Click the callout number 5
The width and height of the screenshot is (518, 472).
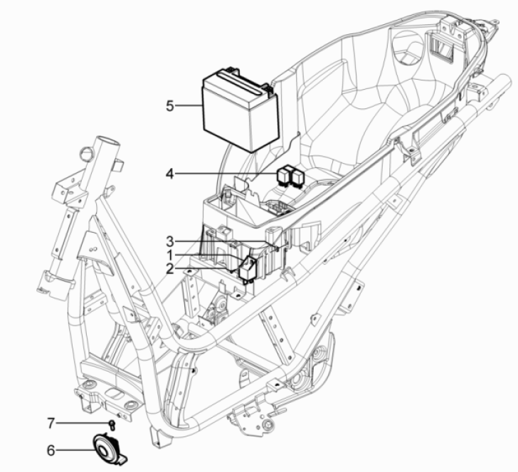170,106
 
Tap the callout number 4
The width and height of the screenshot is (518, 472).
169,173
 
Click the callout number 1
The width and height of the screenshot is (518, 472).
169,254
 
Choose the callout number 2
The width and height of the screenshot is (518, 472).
169,268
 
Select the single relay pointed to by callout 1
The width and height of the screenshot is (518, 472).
248,268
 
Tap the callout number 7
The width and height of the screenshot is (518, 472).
51,424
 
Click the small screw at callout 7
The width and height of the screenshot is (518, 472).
112,425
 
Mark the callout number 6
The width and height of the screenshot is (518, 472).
51,449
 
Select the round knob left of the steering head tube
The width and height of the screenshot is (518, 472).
86,152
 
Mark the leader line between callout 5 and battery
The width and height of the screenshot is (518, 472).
189,106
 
